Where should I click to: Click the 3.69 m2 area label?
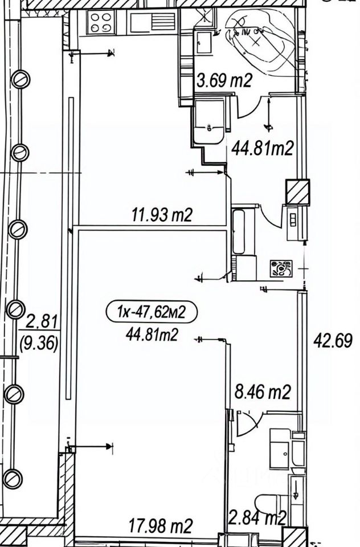pyautogui.click(x=224, y=81)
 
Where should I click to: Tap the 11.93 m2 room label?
pyautogui.click(x=162, y=214)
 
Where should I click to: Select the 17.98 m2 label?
pyautogui.click(x=161, y=526)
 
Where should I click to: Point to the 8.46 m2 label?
pyautogui.click(x=263, y=392)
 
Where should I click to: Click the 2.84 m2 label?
pyautogui.click(x=257, y=518)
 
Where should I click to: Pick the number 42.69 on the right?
pyautogui.click(x=333, y=340)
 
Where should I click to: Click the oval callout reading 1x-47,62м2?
pyautogui.click(x=152, y=312)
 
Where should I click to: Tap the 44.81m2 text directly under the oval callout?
pyautogui.click(x=152, y=335)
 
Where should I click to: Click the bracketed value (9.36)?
pyautogui.click(x=39, y=344)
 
